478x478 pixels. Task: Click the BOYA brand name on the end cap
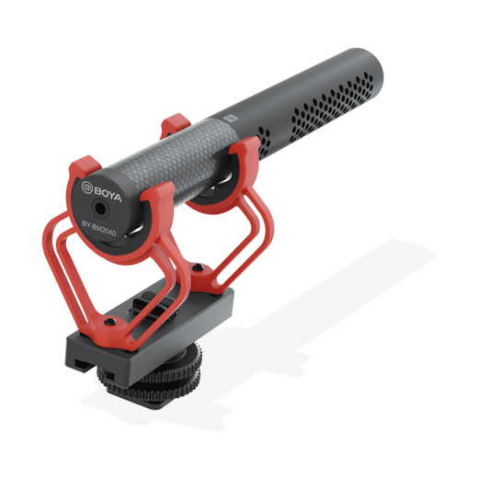[108, 193]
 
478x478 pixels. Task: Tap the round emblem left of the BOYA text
[86, 188]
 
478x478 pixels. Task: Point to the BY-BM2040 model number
[99, 229]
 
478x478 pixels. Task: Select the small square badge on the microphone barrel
[231, 118]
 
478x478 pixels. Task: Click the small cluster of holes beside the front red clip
[265, 142]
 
